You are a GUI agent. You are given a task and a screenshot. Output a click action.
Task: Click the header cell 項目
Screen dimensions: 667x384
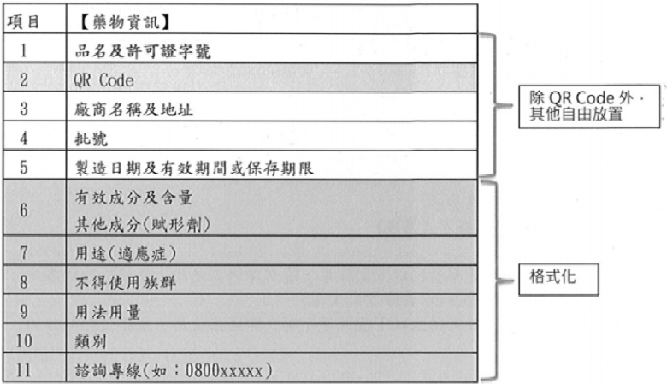[23, 21]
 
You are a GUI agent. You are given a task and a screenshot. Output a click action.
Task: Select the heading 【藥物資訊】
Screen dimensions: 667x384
[125, 21]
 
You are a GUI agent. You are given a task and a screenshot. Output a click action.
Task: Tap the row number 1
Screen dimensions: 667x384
[24, 50]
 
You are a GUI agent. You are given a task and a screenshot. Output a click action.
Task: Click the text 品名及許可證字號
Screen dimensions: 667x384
[143, 51]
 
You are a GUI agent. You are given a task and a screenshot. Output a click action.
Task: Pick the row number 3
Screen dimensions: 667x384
[24, 109]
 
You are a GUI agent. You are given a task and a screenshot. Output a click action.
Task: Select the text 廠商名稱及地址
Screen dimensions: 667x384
[133, 109]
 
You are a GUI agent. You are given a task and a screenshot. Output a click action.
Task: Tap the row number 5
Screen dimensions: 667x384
[24, 167]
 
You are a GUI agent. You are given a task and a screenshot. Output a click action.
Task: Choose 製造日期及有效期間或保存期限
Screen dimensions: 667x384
[194, 168]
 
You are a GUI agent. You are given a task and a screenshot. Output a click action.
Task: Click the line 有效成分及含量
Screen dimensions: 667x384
[133, 198]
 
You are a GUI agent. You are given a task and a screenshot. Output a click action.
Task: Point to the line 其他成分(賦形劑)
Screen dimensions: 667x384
[143, 224]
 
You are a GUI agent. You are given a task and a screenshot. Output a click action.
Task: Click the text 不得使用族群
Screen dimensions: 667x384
[126, 283]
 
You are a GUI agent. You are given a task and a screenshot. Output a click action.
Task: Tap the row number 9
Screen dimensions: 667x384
[24, 311]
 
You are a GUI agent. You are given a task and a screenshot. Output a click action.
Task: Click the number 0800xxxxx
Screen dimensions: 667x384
[224, 371]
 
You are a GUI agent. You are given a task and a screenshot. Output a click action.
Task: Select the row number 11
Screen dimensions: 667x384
[24, 370]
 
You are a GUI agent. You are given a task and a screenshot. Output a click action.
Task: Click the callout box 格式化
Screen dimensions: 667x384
[558, 280]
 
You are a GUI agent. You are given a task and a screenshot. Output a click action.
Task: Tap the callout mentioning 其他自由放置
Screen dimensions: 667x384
[589, 106]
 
